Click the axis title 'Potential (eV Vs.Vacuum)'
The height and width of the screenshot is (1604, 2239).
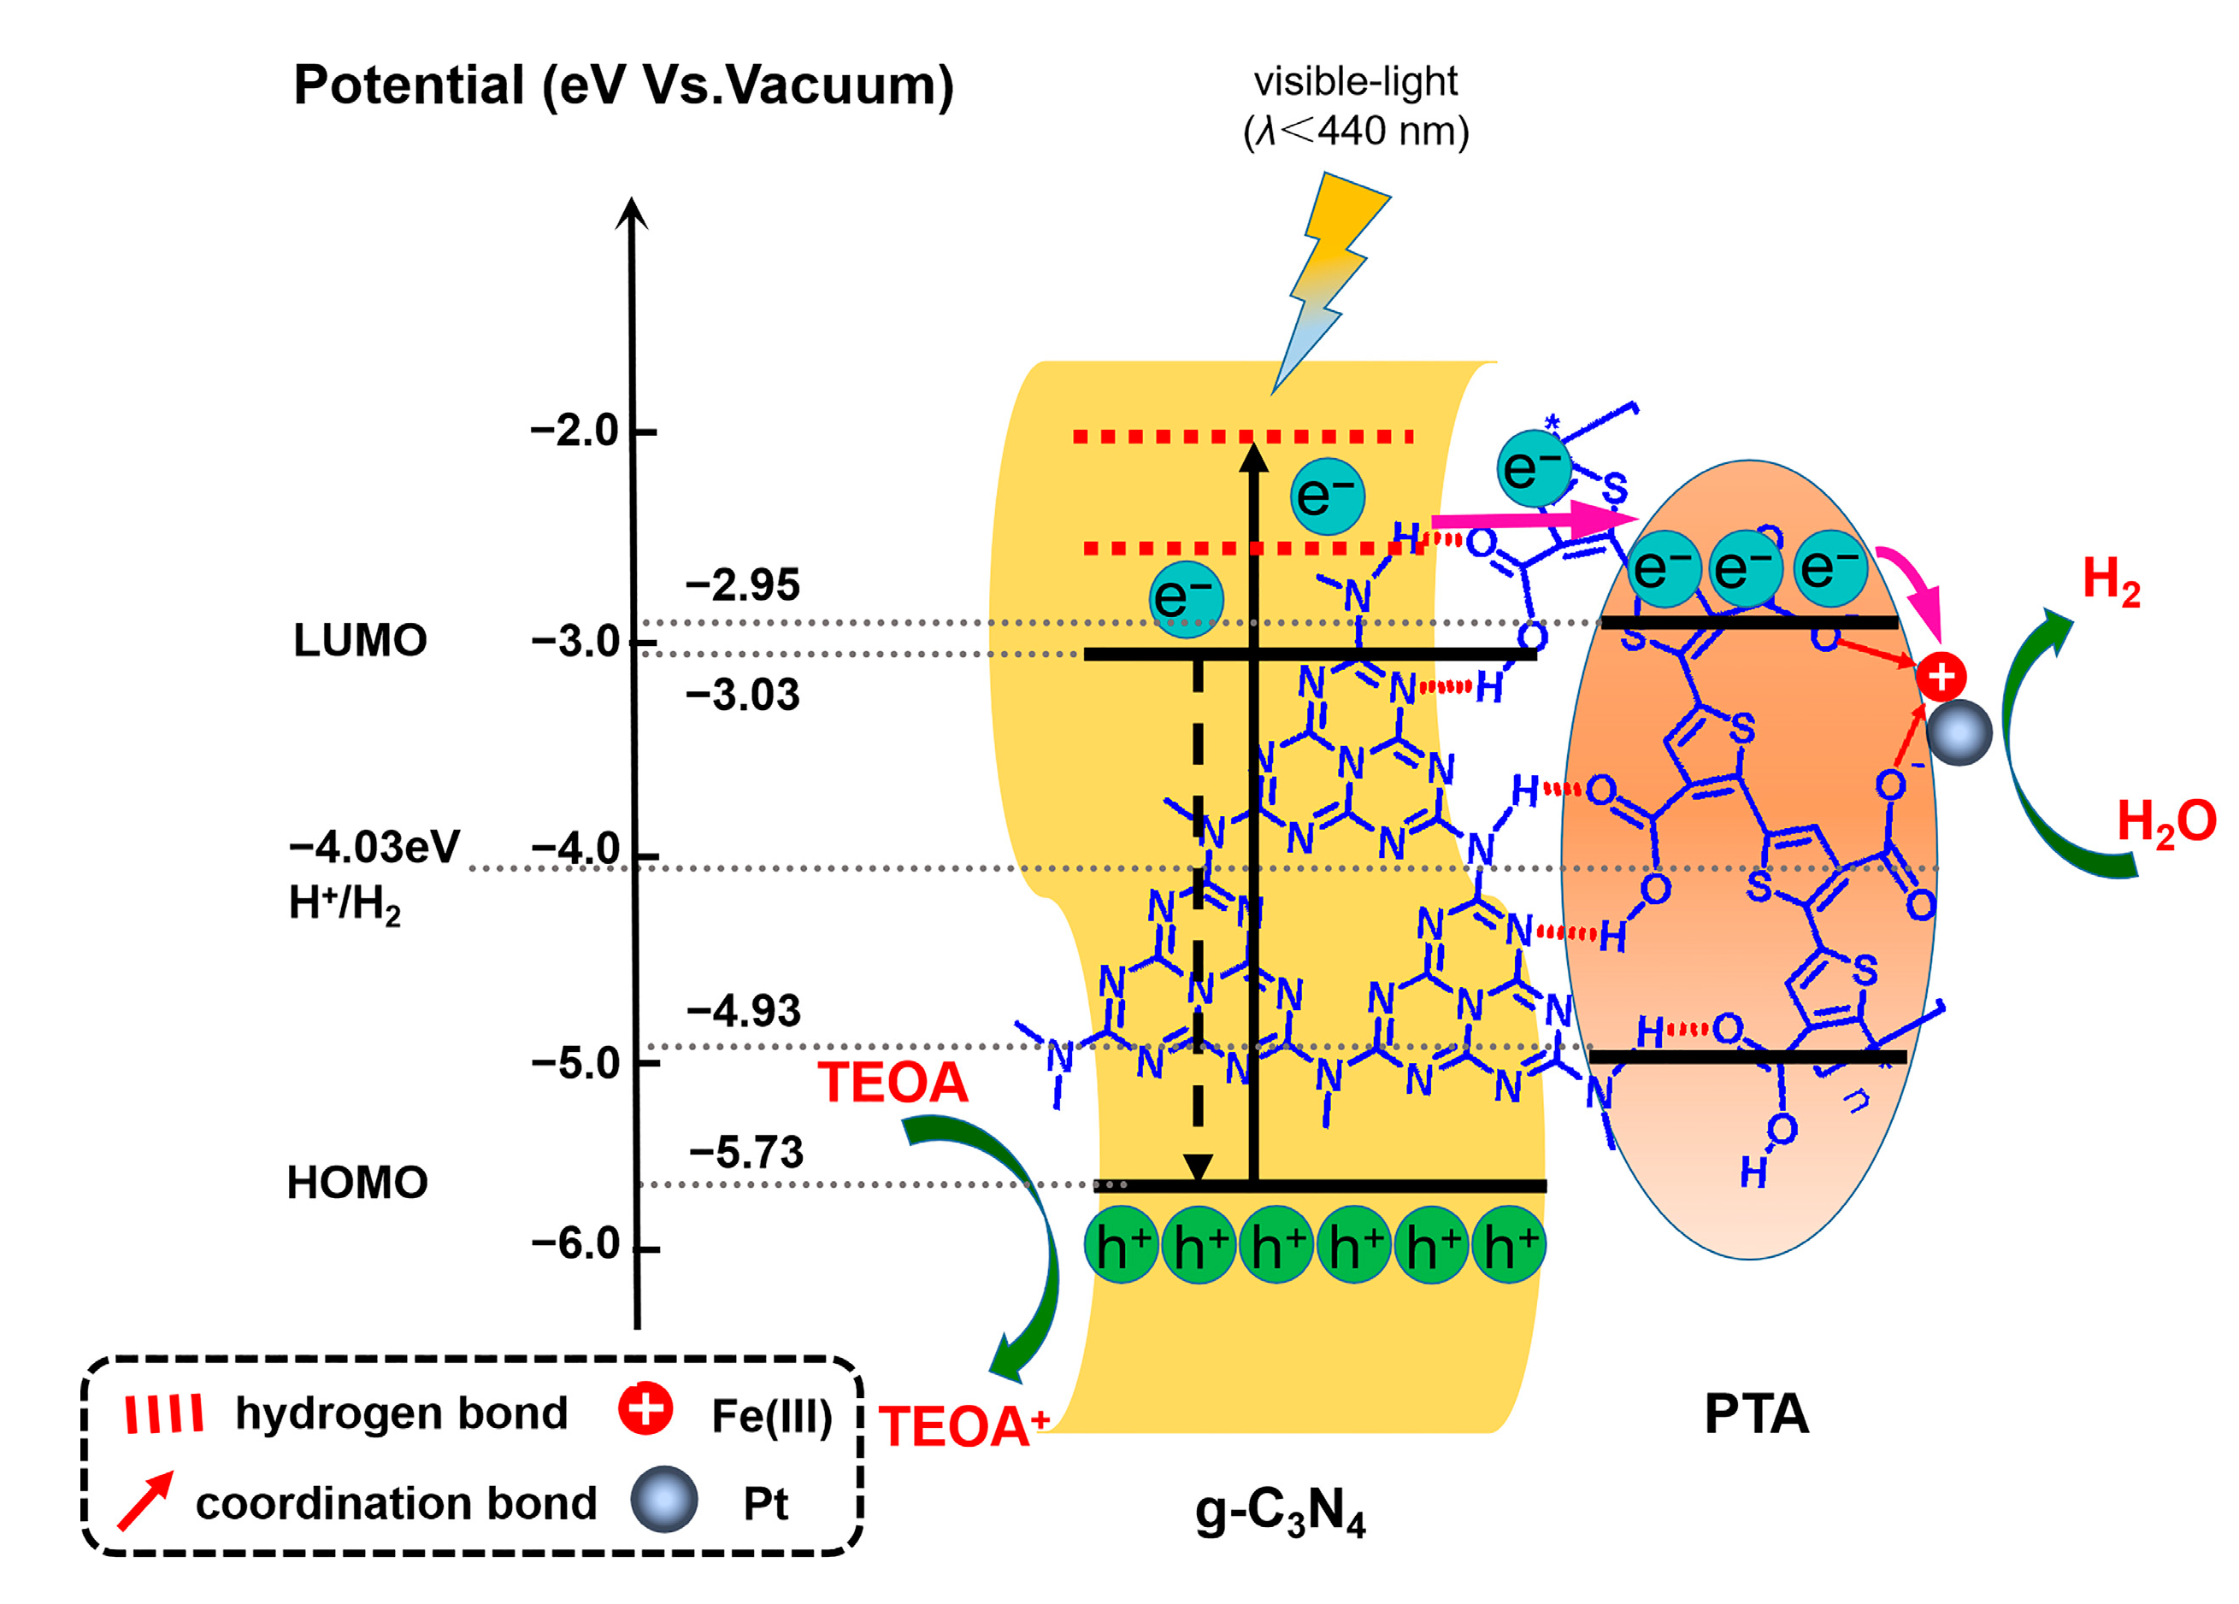(x=623, y=85)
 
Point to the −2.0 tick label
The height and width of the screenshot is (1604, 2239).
(x=574, y=432)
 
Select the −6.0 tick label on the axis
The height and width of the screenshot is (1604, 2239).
(x=575, y=1243)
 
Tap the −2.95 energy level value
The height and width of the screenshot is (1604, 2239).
(x=742, y=585)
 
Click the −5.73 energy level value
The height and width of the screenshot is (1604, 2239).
(x=746, y=1153)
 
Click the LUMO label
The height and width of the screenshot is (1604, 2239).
(x=360, y=641)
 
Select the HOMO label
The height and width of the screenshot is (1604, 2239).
(x=357, y=1183)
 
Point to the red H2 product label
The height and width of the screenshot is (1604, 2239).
(x=2111, y=580)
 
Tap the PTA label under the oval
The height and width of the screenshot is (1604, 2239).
(x=1756, y=1414)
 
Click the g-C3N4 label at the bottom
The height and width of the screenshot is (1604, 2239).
(x=1281, y=1511)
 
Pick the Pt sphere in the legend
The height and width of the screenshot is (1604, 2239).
(x=664, y=1498)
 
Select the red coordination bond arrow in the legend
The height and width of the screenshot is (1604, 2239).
(x=145, y=1501)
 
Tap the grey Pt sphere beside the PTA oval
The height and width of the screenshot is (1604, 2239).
(x=1959, y=732)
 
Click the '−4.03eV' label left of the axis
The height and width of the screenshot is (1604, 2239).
(x=374, y=848)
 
